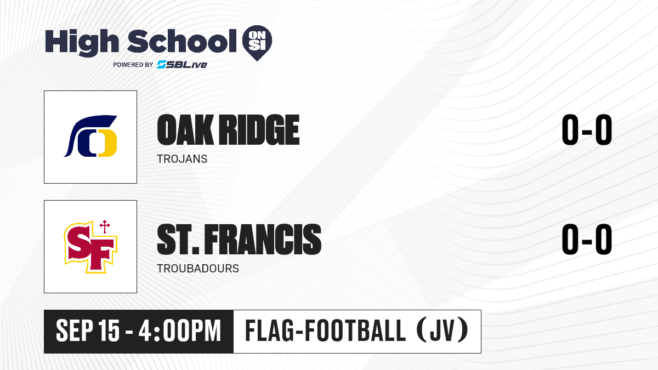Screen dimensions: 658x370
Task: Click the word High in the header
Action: click(x=82, y=43)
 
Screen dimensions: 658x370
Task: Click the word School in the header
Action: click(x=182, y=41)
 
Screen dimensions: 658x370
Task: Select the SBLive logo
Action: click(x=181, y=65)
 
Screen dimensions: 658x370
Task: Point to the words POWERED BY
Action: click(x=133, y=65)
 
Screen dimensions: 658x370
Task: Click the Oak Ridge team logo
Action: click(x=90, y=136)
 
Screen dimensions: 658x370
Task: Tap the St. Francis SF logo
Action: click(x=90, y=247)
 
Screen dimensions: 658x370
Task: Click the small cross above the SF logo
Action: click(x=105, y=226)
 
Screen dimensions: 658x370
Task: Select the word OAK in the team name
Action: click(x=185, y=130)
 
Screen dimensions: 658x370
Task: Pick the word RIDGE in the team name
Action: click(x=260, y=130)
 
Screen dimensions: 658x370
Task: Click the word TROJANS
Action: click(x=182, y=159)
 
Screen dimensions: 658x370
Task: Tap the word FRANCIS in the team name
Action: click(x=263, y=240)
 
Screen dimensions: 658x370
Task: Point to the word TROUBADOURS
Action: click(x=198, y=269)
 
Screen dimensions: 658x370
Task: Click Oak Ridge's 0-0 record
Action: click(x=587, y=130)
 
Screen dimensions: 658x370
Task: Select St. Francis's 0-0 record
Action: click(x=587, y=240)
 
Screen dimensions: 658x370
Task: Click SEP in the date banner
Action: click(x=74, y=331)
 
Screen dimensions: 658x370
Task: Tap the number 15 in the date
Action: click(x=109, y=331)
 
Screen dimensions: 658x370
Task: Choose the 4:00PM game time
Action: click(x=180, y=331)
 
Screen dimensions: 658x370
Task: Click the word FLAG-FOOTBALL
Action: click(x=326, y=331)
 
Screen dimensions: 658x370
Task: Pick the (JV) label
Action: click(x=443, y=331)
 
